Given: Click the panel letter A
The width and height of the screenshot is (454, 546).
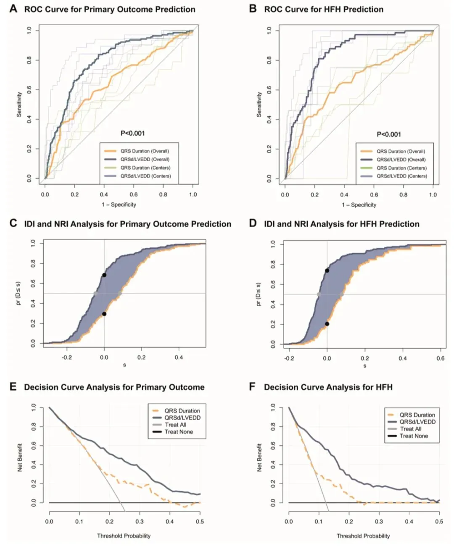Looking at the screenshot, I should (13, 9).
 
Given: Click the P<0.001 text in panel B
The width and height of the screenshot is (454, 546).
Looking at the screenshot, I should (389, 134).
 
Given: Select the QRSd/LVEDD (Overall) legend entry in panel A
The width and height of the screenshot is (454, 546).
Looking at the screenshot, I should (145, 160).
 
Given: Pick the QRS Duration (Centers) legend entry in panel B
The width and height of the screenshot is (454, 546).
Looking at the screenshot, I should (401, 168).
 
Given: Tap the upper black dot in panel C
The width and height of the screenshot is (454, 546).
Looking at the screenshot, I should (104, 275).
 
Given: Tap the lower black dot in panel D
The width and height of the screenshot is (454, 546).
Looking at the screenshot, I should (327, 324).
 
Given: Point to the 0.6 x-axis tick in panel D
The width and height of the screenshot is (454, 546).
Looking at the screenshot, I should (440, 358).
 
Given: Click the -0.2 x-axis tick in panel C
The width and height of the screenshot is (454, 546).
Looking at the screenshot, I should (67, 357).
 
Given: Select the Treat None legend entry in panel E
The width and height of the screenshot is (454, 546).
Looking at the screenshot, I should (179, 432).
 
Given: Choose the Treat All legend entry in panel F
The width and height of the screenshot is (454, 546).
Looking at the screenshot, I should (410, 429).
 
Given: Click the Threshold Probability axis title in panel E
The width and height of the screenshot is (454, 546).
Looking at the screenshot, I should (124, 536).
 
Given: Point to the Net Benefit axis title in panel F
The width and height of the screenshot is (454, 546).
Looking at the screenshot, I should (259, 457).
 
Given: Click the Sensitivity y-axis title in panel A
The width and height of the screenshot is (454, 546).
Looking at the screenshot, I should (19, 105).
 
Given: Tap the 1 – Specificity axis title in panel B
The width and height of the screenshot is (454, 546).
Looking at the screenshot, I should (359, 205).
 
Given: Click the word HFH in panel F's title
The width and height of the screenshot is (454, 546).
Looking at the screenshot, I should (384, 387).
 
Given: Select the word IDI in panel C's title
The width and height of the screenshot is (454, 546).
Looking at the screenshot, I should (30, 224).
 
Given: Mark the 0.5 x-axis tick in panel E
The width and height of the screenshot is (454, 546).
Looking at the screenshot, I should (200, 522).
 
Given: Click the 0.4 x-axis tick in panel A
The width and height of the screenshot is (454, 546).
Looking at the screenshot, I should (104, 194).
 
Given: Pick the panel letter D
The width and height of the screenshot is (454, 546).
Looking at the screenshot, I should (253, 223).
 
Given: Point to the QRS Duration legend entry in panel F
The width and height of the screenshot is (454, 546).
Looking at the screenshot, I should (417, 415).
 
